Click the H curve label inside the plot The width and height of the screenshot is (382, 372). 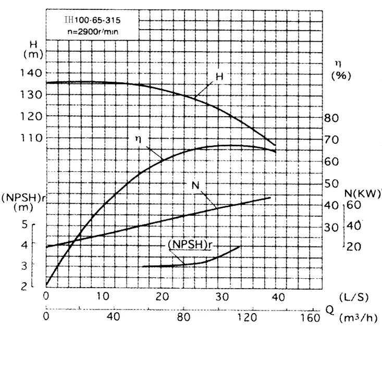[219, 77]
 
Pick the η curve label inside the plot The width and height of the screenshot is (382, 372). [139, 139]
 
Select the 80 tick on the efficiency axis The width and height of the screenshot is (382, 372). [331, 117]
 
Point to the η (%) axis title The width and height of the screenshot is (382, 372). [340, 69]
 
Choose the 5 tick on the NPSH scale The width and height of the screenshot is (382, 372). [24, 224]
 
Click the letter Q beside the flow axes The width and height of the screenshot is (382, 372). [329, 308]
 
